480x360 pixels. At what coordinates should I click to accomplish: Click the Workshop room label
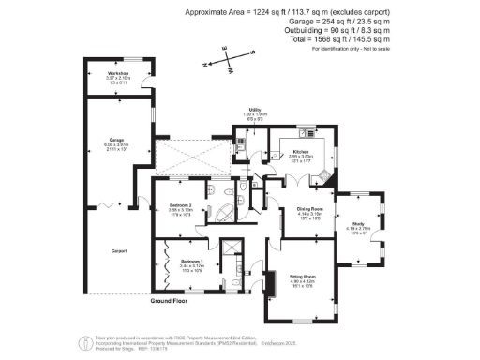117,72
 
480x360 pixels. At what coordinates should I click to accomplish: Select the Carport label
118,250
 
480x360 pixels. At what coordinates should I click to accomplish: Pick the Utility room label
254,110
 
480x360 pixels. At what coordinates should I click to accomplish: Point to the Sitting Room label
300,277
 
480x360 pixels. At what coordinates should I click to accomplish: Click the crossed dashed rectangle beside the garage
191,157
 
